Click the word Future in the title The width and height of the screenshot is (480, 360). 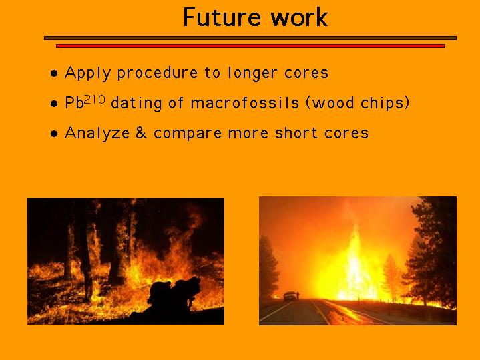[x=222, y=17]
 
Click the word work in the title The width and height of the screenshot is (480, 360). [x=299, y=17]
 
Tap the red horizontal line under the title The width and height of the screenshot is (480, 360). [x=250, y=46]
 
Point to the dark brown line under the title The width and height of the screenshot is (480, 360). [x=250, y=38]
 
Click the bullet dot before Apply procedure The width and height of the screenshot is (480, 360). [x=54, y=73]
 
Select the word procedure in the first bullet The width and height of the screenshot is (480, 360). [x=158, y=73]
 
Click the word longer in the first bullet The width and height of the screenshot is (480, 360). [x=252, y=73]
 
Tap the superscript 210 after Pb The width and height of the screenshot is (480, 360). [x=95, y=99]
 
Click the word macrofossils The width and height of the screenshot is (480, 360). [x=245, y=103]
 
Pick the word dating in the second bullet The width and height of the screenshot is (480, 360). [x=136, y=104]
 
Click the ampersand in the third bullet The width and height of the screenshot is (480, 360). [x=141, y=133]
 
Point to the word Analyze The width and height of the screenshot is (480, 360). [x=97, y=134]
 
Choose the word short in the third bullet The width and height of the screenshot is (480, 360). [x=296, y=133]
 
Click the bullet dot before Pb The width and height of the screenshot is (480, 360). [x=54, y=104]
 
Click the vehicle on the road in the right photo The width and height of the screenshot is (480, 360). [x=290, y=296]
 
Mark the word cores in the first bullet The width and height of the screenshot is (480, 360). [x=306, y=73]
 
